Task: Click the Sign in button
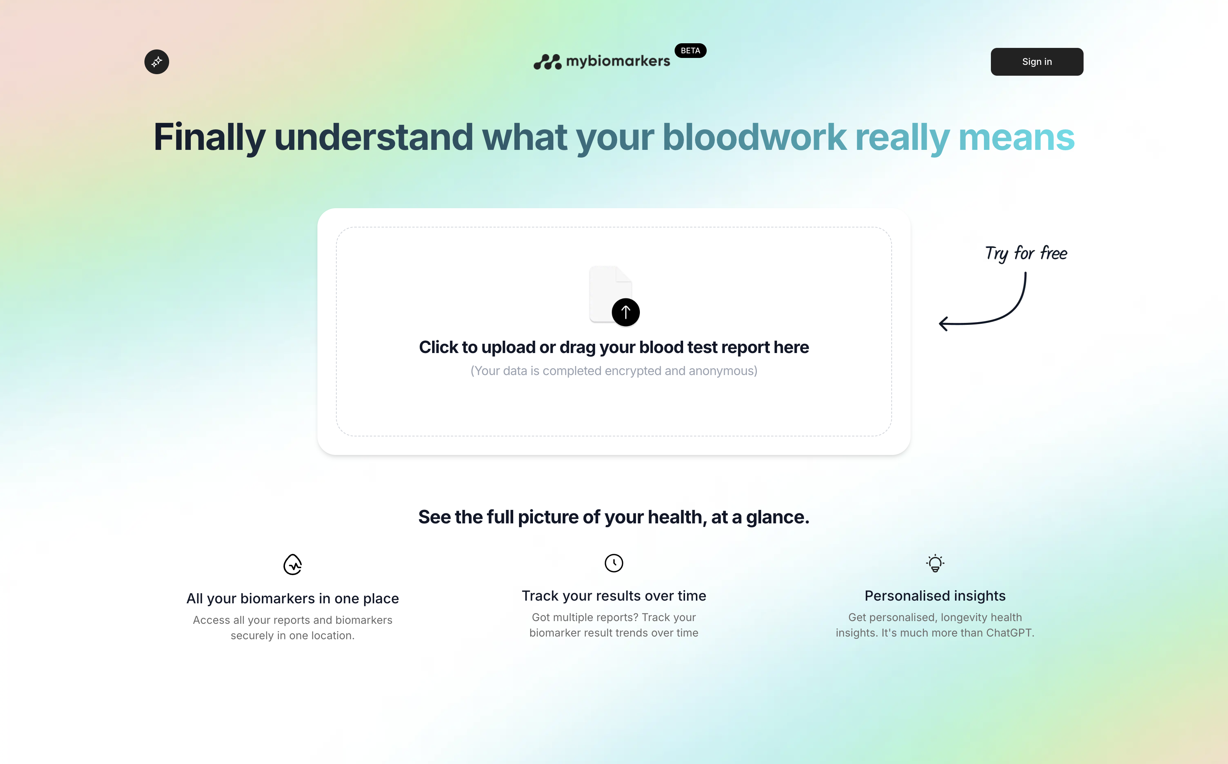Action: coord(1036,62)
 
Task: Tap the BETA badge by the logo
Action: coord(690,51)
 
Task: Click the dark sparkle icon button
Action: coord(157,62)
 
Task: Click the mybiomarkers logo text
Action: coord(617,61)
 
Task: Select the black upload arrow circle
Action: coord(625,312)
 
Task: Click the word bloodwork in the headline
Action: coord(754,137)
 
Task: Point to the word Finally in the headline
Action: coord(209,137)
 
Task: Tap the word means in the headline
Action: coord(1016,137)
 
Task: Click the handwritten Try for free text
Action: coord(1026,253)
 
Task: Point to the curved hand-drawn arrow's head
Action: coord(943,323)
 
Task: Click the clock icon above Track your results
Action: coord(614,563)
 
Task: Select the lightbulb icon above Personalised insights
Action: coord(935,563)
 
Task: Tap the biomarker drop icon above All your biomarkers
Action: coord(292,564)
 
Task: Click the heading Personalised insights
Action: coord(935,596)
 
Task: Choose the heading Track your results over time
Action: coord(614,596)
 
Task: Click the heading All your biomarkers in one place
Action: coord(292,598)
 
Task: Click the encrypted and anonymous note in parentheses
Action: coord(614,371)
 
